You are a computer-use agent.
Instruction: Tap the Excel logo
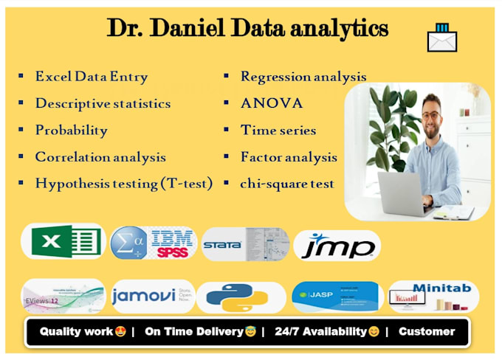[x=63, y=242]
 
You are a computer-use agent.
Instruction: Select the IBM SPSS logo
[x=153, y=243]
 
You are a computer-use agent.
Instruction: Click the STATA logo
[x=246, y=245]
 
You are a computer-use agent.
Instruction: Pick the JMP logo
[x=337, y=246]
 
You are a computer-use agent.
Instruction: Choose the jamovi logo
[x=153, y=297]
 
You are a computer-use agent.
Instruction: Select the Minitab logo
[x=433, y=297]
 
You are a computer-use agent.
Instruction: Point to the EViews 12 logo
[x=63, y=296]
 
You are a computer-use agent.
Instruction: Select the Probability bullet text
[x=72, y=131]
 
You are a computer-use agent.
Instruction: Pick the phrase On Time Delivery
[x=194, y=331]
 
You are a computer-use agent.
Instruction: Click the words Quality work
[x=76, y=331]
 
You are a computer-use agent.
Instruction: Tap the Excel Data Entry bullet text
[x=92, y=77]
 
